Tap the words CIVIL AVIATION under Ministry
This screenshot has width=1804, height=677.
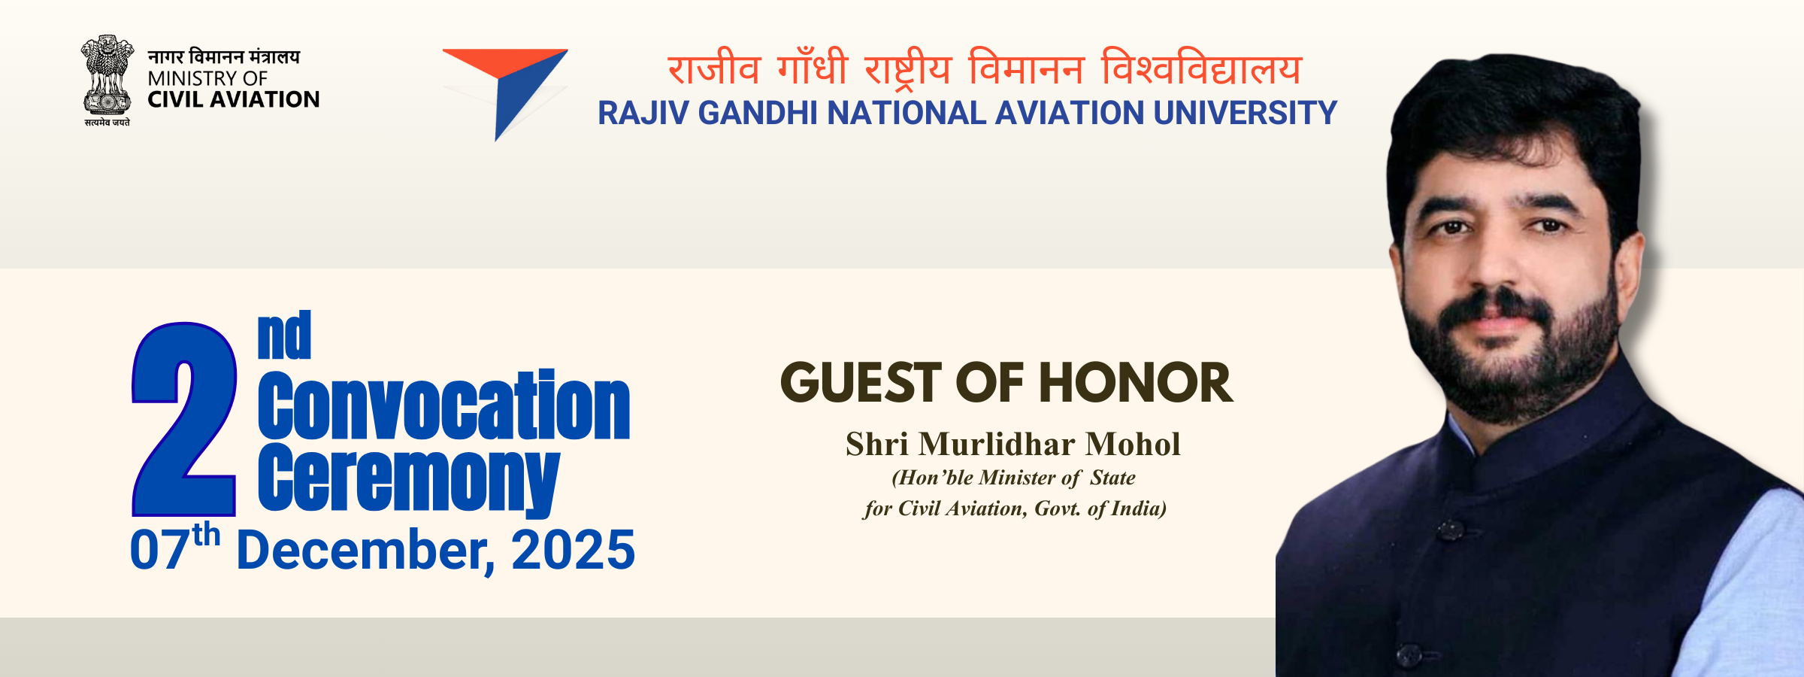point(233,99)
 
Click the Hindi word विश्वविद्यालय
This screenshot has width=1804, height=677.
point(1201,69)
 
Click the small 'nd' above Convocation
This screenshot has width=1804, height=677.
point(284,336)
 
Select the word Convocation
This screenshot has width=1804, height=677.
point(443,406)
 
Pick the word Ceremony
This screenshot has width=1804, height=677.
point(408,478)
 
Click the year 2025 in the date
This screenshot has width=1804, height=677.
point(573,550)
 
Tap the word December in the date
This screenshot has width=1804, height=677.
point(365,550)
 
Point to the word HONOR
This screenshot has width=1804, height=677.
point(1136,383)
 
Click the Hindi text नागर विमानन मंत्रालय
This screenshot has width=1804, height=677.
point(223,56)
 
